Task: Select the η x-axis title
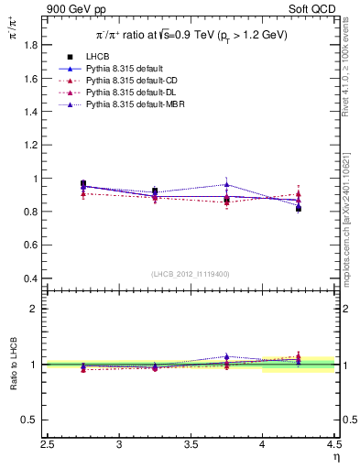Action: (336, 456)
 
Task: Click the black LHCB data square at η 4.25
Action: (299, 209)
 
